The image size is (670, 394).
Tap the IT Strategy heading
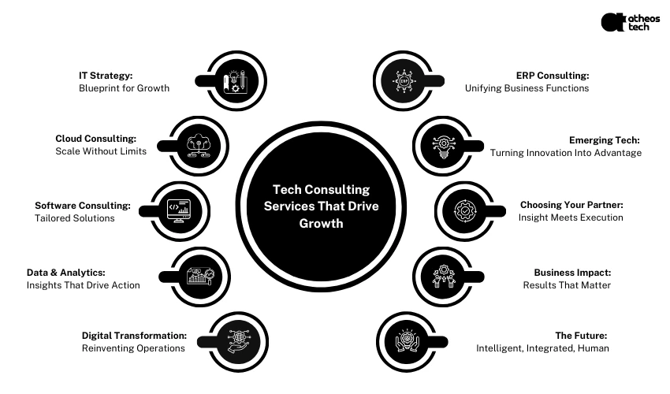click(106, 76)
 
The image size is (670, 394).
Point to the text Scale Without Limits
click(101, 151)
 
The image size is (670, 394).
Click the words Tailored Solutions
click(75, 218)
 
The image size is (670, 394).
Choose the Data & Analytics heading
click(65, 273)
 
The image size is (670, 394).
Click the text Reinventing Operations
click(133, 348)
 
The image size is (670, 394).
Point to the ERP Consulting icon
click(405, 81)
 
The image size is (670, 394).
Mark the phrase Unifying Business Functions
click(527, 88)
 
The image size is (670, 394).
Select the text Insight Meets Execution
click(571, 217)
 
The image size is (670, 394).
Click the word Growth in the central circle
click(321, 224)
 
